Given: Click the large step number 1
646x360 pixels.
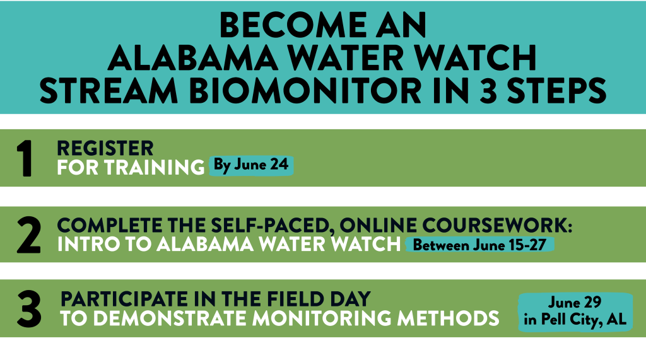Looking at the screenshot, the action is click(24, 158).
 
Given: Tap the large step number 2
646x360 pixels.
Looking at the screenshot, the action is click(29, 235).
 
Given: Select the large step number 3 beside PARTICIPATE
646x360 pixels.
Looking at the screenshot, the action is click(29, 309).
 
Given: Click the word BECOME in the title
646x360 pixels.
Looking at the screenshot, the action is click(293, 25).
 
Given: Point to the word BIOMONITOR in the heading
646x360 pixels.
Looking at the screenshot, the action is click(305, 91).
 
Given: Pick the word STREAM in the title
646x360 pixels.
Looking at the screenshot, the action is click(109, 91).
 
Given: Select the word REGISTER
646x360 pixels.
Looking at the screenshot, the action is click(105, 148).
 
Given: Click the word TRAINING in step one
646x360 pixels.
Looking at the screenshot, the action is click(154, 167).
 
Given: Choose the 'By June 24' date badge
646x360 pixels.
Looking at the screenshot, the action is click(251, 166).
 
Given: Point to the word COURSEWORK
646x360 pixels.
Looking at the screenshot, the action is click(497, 225).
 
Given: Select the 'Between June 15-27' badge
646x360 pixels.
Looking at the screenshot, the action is click(479, 245).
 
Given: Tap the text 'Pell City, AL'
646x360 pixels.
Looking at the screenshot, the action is click(584, 320).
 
